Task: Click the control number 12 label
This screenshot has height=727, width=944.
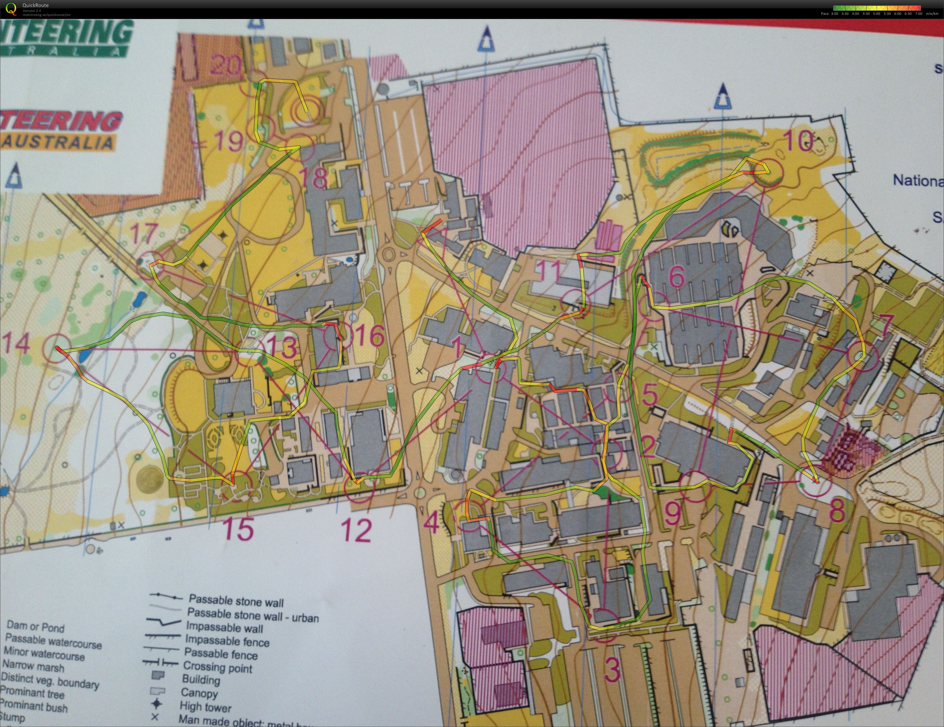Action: [357, 530]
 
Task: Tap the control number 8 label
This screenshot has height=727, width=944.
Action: [837, 512]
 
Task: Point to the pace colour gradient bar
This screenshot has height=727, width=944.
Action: [877, 8]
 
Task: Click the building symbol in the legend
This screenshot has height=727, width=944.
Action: [158, 676]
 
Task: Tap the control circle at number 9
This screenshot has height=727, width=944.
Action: [696, 486]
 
